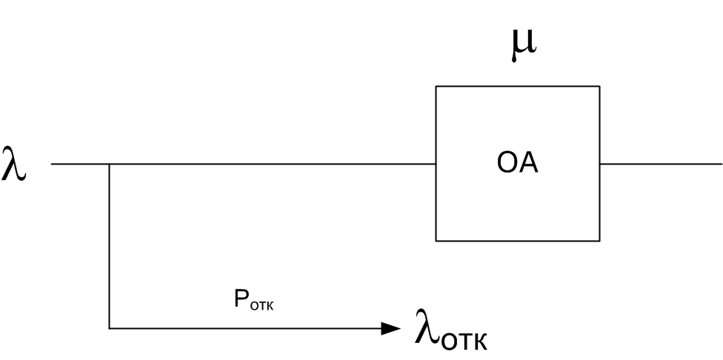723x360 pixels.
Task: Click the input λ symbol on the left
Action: [15, 163]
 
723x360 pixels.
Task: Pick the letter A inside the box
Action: [528, 164]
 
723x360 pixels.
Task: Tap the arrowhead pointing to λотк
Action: [391, 327]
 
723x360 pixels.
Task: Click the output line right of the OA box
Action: [659, 164]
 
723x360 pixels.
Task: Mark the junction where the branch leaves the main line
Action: [110, 164]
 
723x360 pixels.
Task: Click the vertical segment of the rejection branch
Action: [110, 244]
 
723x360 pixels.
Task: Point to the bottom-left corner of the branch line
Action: [110, 327]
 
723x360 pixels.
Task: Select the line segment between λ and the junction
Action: [80, 164]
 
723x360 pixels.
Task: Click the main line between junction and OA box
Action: [274, 164]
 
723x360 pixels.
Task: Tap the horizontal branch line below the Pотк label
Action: [244, 327]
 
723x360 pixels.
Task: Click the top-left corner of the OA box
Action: [436, 87]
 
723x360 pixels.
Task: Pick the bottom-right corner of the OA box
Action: [599, 240]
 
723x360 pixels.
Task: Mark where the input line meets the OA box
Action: [436, 164]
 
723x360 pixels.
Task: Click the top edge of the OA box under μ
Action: [518, 87]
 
